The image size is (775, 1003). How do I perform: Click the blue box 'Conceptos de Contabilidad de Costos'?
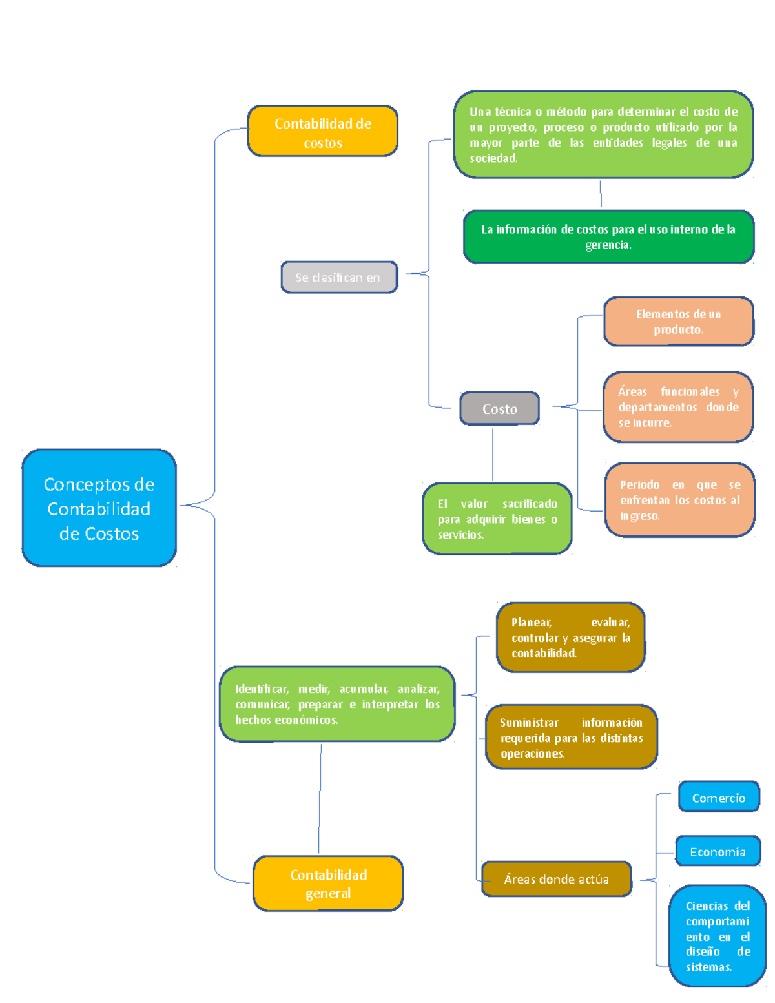point(99,508)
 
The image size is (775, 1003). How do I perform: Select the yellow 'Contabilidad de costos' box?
point(322,132)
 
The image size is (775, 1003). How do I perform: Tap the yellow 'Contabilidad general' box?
point(328,884)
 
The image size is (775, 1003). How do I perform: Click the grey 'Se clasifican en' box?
point(339,278)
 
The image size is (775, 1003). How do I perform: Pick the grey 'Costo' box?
point(499,409)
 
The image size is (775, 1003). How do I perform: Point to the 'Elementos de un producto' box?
point(678,322)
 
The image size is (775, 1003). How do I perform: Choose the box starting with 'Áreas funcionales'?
point(678,407)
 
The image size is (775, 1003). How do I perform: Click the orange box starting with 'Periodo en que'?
point(679,500)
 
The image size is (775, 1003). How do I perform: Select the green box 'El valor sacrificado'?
point(497,519)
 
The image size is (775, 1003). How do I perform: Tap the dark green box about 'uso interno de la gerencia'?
point(608,237)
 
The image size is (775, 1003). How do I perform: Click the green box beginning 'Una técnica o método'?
point(603,134)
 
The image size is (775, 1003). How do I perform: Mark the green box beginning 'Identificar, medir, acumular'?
point(337,704)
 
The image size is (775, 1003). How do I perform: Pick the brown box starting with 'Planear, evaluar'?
point(570,637)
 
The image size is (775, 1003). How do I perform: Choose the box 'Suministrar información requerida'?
point(571,738)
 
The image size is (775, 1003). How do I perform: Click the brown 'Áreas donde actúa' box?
point(556,879)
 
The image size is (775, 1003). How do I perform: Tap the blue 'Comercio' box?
point(718,798)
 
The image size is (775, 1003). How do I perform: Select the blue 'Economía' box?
point(717,852)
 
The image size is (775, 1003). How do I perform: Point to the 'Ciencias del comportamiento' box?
point(717,936)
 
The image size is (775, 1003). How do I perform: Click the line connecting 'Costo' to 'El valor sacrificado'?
point(493,454)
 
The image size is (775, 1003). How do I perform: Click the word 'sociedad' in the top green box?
point(493,158)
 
